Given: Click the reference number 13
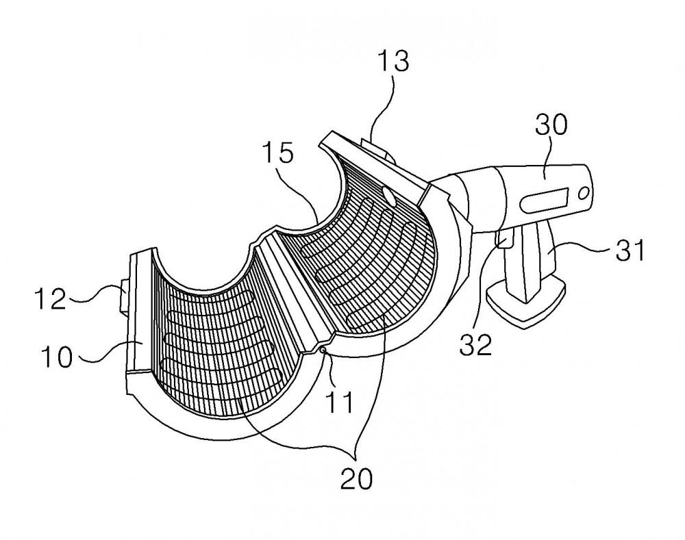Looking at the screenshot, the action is pyautogui.click(x=394, y=62).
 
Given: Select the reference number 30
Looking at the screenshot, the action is pyautogui.click(x=551, y=125).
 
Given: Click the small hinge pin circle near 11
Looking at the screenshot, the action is pyautogui.click(x=323, y=349).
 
